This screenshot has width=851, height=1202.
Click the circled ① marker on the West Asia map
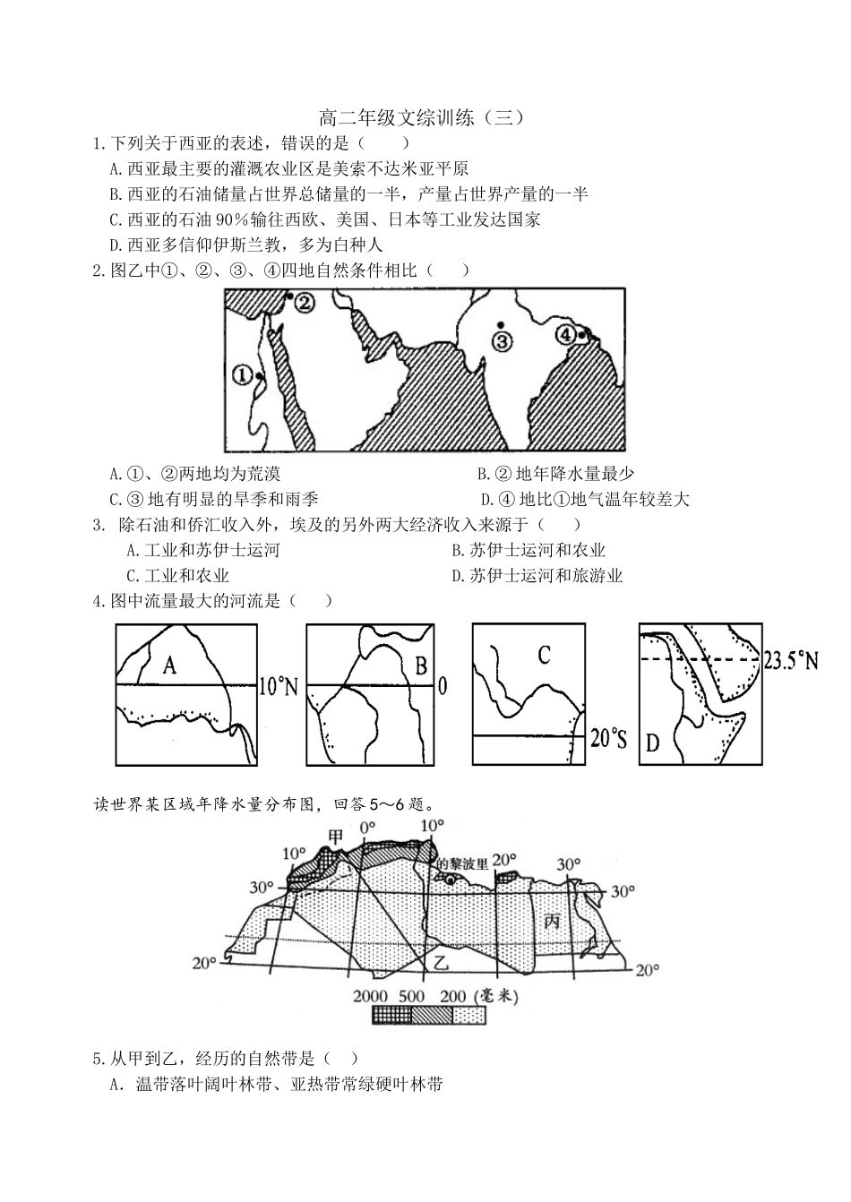point(242,375)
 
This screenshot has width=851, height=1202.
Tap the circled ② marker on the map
point(305,303)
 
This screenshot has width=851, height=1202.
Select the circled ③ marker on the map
point(502,340)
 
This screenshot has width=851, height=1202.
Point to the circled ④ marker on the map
point(565,334)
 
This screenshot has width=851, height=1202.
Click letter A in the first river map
point(169,665)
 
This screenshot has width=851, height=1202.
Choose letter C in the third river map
point(544,655)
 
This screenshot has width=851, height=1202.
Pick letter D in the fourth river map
point(652,743)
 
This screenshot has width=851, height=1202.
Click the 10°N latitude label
point(278,686)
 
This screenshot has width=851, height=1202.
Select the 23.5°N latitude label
point(791,661)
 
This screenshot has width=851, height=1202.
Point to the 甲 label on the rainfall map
point(335,837)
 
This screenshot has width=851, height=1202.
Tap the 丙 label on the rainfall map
point(552,921)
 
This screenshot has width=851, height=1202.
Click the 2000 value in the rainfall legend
point(370,996)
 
